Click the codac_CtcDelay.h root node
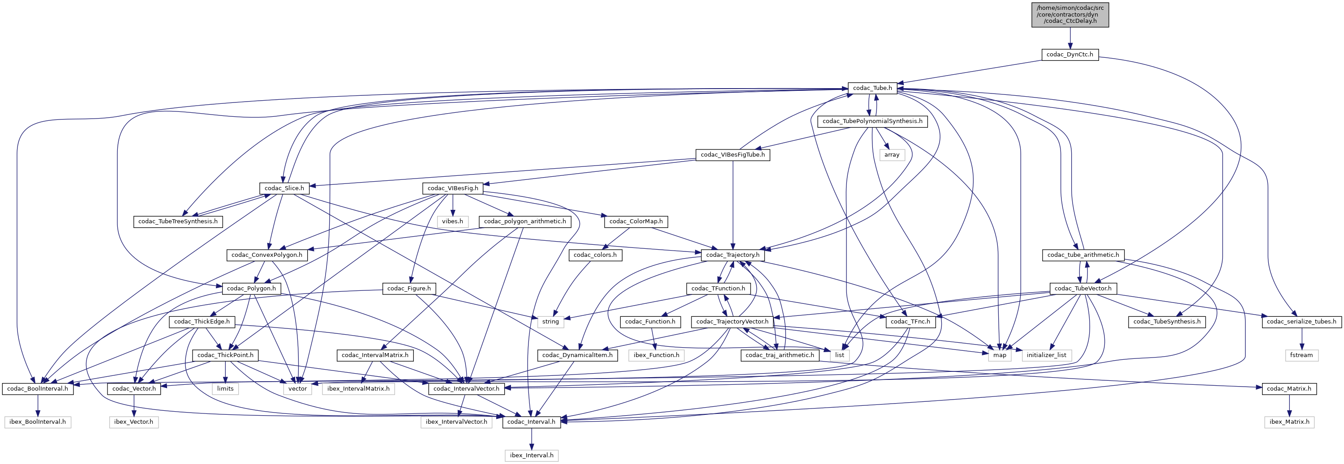pyautogui.click(x=1069, y=15)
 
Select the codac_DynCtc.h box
pyautogui.click(x=1069, y=55)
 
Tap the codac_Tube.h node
pyautogui.click(x=872, y=88)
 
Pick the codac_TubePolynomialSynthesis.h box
pyautogui.click(x=872, y=121)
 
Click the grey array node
pyautogui.click(x=892, y=155)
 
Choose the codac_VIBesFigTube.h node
pyautogui.click(x=733, y=155)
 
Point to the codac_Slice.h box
pyautogui.click(x=284, y=188)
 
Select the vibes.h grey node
pyautogui.click(x=452, y=221)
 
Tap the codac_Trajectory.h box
pyautogui.click(x=733, y=255)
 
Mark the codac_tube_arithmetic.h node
pyautogui.click(x=1083, y=255)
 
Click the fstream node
pyautogui.click(x=1301, y=355)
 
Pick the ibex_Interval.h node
pyautogui.click(x=532, y=455)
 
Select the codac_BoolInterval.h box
pyautogui.click(x=38, y=388)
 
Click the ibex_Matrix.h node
pyautogui.click(x=1289, y=422)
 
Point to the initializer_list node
pyautogui.click(x=1047, y=355)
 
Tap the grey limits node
pyautogui.click(x=225, y=388)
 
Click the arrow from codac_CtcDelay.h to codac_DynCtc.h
pyautogui.click(x=1069, y=38)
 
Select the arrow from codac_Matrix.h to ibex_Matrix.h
pyautogui.click(x=1289, y=405)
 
